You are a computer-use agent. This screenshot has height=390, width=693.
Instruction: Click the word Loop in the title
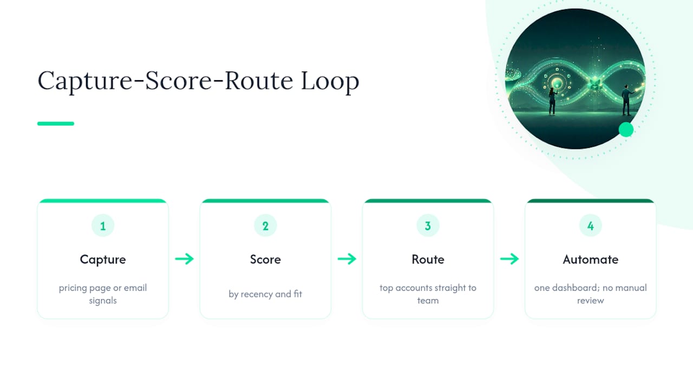[330, 81]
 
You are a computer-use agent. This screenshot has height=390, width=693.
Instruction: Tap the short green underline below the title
[56, 123]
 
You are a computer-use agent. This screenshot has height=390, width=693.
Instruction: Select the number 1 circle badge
[103, 226]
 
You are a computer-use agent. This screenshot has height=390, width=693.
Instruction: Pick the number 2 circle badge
[265, 226]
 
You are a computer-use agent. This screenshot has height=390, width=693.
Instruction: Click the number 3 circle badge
[428, 226]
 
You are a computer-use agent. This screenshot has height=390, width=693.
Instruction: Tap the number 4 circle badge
[591, 226]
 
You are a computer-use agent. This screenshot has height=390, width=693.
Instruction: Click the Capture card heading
[103, 259]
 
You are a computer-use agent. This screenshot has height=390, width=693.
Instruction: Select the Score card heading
[265, 259]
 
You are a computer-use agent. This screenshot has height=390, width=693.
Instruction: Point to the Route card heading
[428, 259]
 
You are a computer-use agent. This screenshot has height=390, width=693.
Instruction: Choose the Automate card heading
[591, 259]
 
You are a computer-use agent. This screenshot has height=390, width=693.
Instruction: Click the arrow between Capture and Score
[185, 259]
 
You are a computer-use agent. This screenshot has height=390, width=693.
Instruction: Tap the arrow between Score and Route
[347, 259]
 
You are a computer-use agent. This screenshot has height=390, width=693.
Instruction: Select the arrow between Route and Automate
[509, 259]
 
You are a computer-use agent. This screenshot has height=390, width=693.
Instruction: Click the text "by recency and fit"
[265, 294]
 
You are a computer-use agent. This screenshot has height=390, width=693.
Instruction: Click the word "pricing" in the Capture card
[73, 288]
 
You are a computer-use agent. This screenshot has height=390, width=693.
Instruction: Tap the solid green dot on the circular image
[626, 129]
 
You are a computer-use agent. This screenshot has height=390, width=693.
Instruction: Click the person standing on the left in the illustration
[553, 101]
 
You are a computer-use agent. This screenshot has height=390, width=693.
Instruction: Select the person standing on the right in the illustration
[627, 100]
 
